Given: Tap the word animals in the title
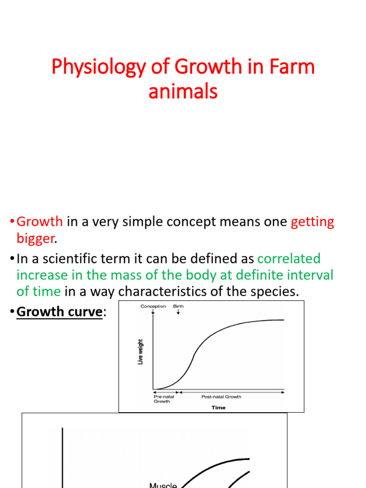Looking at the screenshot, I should pos(183,91).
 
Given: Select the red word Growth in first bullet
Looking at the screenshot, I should pos(40,222).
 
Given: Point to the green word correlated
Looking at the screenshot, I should pos(289,259).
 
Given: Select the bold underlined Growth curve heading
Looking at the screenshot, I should pos(59,311).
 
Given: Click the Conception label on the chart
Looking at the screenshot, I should pos(153,306).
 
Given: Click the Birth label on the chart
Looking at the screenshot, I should pos(178,306).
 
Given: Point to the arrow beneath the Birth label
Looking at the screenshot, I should pos(178,312).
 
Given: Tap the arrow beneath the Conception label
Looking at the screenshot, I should pos(153,312).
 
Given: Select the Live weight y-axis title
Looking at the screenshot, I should pos(141,352).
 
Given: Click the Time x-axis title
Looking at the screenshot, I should pos(218,407).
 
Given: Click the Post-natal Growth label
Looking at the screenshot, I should pos(221,396).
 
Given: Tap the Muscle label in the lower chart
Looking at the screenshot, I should pos(163,485).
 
